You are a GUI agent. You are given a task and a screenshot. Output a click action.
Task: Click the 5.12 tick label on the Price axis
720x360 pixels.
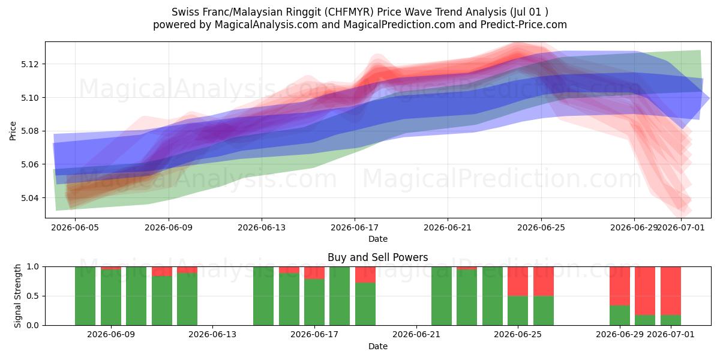coord(29,64)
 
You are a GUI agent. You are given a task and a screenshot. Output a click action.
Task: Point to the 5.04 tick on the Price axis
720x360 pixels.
coord(29,198)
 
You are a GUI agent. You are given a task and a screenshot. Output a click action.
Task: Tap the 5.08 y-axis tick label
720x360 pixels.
coord(29,131)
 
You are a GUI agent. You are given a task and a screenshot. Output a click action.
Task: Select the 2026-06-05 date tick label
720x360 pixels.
coord(75,227)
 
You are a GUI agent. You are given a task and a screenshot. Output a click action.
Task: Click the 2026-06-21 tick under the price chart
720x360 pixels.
coord(448,227)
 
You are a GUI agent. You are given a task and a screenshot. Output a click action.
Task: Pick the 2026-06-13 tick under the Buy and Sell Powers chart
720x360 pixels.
coord(212,334)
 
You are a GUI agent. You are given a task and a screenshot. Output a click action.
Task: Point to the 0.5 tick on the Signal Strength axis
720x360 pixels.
coord(32,296)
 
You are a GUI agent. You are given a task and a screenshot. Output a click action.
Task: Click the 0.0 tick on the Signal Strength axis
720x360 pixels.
coord(32,325)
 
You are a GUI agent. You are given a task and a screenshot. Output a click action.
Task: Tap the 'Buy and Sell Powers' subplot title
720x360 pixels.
coord(377,257)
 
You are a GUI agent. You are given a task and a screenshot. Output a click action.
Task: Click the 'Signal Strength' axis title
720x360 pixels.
coord(17,296)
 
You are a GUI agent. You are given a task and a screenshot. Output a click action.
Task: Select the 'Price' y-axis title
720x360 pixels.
coord(13,131)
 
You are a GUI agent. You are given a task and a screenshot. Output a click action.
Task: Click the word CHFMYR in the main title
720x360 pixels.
coord(349,12)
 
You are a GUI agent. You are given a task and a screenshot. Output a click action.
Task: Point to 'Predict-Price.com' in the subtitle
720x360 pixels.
coord(524,25)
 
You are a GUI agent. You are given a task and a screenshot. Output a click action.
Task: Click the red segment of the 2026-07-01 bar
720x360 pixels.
coord(671,291)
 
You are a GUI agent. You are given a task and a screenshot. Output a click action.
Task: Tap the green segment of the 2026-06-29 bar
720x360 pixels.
coord(620,316)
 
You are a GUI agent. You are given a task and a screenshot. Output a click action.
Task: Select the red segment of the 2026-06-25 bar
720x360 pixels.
coord(518,281)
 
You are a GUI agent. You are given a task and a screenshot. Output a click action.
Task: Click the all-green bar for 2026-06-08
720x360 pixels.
coord(85,296)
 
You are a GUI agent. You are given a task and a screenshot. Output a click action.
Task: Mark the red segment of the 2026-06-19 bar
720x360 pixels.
coord(365,275)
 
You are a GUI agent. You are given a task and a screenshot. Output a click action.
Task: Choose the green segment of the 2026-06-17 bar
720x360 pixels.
coord(314,302)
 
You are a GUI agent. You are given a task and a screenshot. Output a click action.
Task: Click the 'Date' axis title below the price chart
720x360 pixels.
coord(377,239)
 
